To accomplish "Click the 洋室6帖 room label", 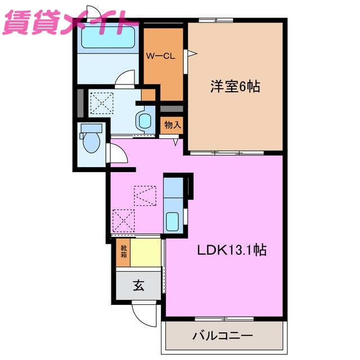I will pos(235,87).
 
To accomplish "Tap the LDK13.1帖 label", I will pos(231,250).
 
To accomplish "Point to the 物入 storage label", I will pos(172,125).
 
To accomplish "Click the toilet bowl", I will pos(91,141).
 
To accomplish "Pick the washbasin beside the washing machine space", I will pos(145,120).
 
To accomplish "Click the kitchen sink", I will pos(173,220).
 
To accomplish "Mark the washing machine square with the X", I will pos(102,102).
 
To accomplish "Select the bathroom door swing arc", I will pos(126,78).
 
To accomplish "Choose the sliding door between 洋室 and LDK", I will pos(225,152).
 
